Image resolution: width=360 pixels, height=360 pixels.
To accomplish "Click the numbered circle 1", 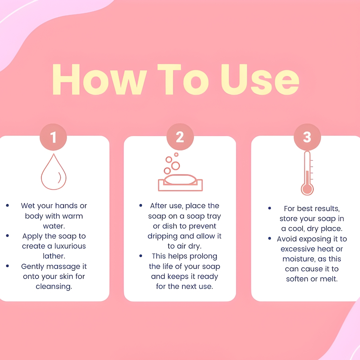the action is pos(53,137).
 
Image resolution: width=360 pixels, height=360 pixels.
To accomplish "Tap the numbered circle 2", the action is pos(180,137).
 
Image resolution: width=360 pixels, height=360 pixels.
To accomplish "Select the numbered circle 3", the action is pos(307,137).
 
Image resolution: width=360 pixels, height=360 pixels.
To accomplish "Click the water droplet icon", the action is pos(54,172).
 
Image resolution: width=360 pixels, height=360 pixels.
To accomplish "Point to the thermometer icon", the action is pos(307,173).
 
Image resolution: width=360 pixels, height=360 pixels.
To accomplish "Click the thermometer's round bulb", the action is pos(307,189).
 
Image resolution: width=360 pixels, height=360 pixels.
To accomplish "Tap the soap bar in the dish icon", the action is pos(180,179).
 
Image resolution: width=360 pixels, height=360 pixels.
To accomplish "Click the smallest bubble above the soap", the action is pos(176,155).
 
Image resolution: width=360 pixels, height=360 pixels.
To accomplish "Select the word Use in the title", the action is pos(260,80).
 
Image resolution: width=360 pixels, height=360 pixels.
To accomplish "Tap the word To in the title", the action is pos(183,80).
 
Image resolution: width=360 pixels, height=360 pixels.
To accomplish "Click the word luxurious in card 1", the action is pos(70,246).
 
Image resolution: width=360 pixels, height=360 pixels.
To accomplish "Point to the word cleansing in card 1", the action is pos(54,287).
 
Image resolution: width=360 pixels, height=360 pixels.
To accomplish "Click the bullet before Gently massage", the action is pos(8,266).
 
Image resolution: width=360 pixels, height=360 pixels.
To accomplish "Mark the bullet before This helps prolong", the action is pos(141,256).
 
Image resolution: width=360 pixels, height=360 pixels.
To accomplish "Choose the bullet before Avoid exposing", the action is pos(270,239).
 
